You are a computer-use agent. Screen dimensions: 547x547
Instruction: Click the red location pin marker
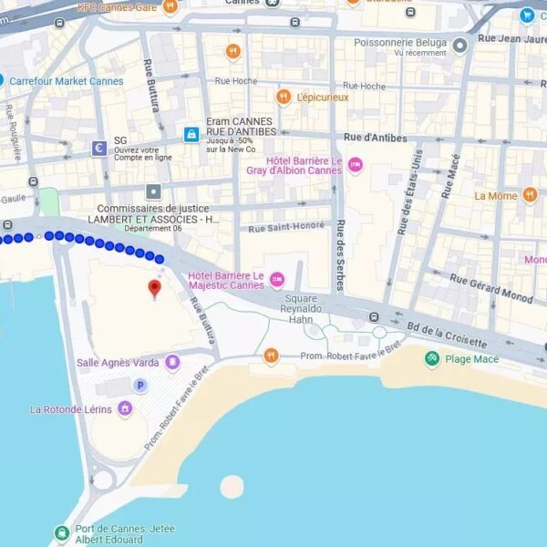154,289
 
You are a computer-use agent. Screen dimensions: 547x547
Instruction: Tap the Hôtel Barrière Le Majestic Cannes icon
277,279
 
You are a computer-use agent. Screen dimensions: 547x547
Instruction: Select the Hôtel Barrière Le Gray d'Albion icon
355,165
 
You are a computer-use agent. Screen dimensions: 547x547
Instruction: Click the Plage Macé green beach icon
432,359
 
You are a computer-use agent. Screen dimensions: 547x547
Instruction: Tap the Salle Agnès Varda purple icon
172,363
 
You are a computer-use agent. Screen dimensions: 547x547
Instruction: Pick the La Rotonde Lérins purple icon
125,409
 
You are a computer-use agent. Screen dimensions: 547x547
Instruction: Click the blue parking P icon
140,386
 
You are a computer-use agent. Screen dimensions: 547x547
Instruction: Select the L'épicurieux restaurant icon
284,97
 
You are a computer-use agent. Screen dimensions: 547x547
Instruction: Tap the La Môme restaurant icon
530,195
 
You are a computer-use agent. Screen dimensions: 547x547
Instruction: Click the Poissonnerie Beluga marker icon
460,45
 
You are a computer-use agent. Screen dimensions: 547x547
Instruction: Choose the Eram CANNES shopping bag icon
191,135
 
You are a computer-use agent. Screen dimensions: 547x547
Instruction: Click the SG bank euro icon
98,148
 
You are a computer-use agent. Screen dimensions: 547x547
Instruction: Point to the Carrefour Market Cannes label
66,81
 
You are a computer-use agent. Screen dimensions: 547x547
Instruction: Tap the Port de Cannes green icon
61,532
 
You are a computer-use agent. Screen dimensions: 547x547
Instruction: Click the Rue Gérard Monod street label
491,291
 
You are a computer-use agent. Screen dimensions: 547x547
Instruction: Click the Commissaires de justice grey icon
153,191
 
